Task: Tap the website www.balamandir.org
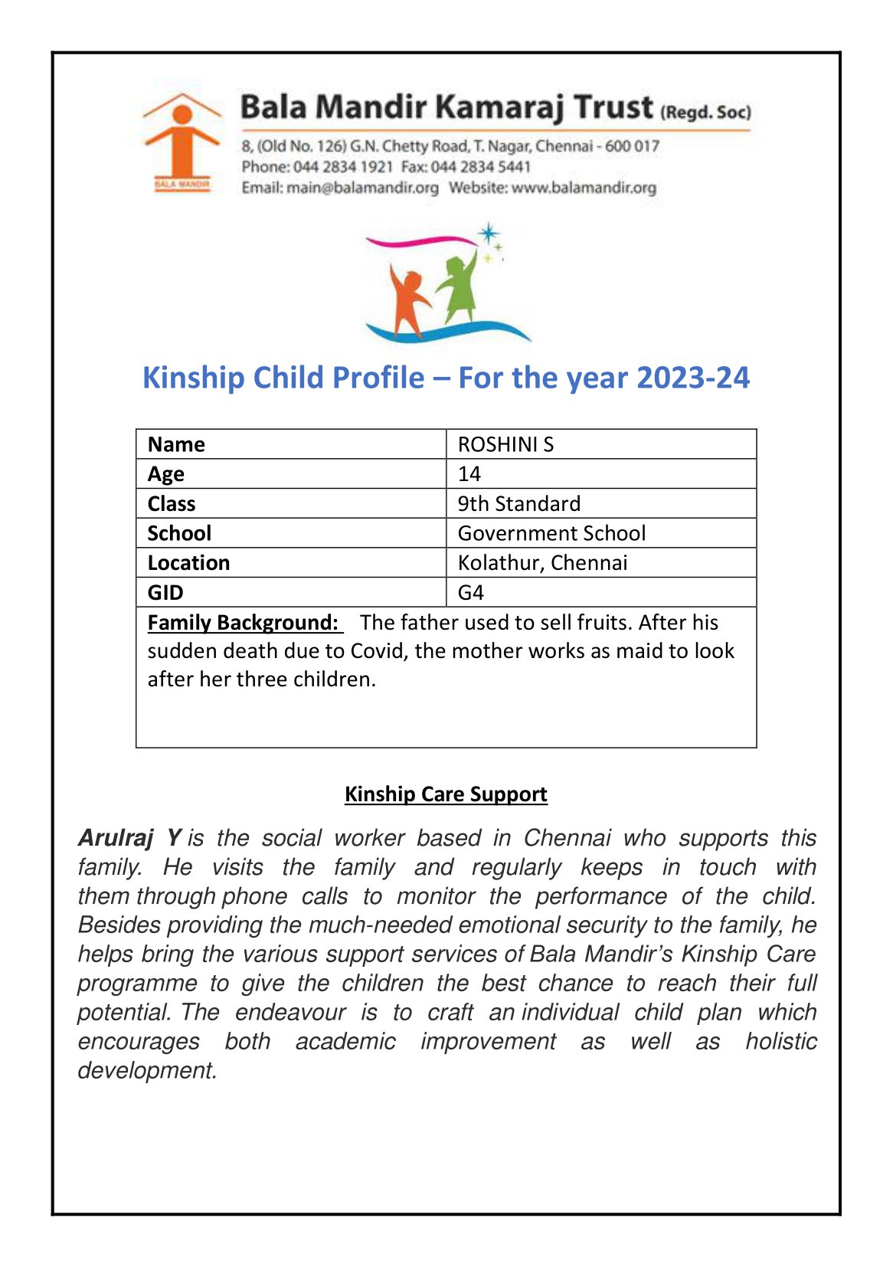[584, 188]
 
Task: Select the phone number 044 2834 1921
[343, 167]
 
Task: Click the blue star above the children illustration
[488, 233]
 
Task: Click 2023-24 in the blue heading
[692, 378]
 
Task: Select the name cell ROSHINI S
[505, 444]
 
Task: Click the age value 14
[469, 474]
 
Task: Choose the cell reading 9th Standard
[519, 504]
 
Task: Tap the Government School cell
[551, 533]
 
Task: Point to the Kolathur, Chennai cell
[542, 563]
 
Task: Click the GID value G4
[471, 593]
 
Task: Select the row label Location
[188, 563]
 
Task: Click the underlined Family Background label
[243, 623]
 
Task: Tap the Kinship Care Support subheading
[446, 794]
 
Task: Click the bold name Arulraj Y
[129, 838]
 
